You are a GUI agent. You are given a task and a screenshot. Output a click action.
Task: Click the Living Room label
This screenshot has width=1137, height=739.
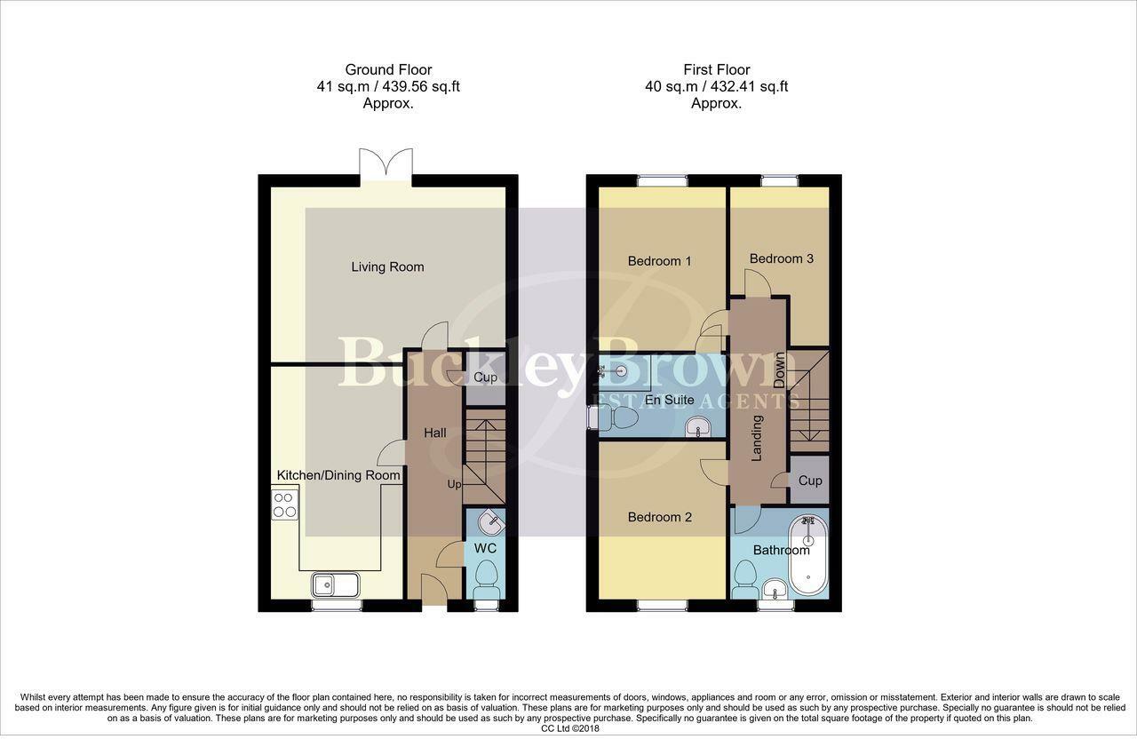point(388,267)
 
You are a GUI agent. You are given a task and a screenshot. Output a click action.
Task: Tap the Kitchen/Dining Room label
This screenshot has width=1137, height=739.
point(338,475)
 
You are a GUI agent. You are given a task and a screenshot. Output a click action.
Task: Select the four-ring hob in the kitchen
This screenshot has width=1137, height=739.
point(285,505)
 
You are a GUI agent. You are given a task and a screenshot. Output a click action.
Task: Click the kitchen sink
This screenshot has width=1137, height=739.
point(336,584)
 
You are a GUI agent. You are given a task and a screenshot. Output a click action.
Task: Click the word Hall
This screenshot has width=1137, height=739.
point(435,433)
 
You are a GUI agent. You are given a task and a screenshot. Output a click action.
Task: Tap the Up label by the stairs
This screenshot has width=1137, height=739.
point(454,485)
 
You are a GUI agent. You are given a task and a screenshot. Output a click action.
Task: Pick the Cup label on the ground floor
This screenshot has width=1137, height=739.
point(485,377)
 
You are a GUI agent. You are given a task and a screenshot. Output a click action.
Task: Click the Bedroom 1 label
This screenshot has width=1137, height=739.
point(659,261)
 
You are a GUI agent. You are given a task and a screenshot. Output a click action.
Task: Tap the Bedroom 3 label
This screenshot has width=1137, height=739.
point(781,258)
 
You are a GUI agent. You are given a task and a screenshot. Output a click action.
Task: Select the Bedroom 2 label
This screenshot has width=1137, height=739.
point(660,517)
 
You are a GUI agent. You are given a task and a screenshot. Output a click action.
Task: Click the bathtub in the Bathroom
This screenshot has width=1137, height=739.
point(808,555)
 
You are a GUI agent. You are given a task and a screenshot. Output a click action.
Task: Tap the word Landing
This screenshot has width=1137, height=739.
point(757,438)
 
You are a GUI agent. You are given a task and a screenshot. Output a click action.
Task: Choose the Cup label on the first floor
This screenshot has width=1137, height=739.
point(810,481)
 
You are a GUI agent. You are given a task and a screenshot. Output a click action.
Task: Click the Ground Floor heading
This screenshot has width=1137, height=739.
point(388,69)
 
